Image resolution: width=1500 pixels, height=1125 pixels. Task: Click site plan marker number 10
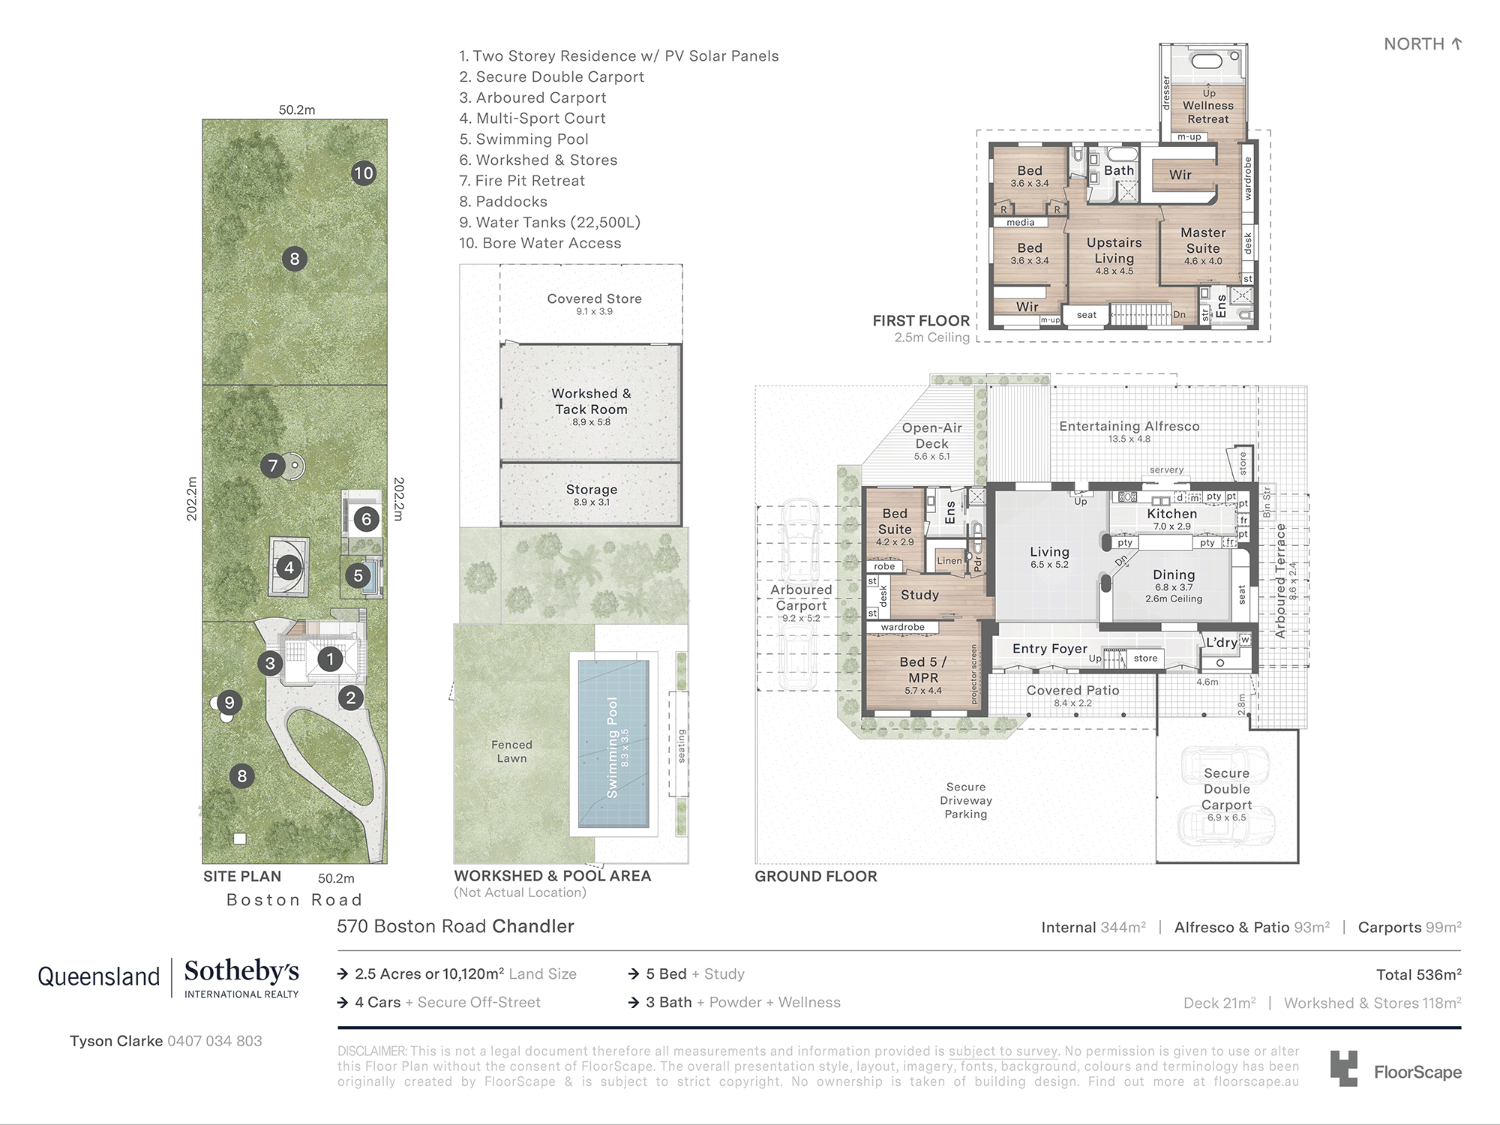point(364,173)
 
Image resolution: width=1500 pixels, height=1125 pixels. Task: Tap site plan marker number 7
point(272,466)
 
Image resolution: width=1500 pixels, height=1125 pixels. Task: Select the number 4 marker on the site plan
point(289,568)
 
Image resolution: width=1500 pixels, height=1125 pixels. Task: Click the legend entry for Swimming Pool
point(524,139)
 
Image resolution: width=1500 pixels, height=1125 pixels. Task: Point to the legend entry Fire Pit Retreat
point(522,181)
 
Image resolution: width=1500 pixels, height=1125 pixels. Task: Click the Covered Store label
point(594,298)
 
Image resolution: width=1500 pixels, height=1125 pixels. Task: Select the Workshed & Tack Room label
point(591,401)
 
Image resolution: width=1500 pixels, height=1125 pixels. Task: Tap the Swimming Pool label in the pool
point(613,748)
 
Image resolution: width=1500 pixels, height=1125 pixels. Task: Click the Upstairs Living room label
point(1114,250)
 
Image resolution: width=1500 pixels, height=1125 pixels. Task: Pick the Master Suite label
point(1203,241)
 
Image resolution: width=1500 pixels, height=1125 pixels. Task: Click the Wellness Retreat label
point(1208,112)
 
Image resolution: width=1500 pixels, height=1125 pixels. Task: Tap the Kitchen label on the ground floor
point(1172,514)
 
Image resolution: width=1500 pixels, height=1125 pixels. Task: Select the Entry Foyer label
point(1049,649)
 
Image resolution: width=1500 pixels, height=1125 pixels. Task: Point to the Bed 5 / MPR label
point(923,670)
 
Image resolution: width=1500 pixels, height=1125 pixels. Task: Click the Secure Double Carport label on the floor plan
point(1227,789)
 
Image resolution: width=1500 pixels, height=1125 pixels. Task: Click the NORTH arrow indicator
point(1456,43)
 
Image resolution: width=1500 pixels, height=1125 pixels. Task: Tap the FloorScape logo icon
point(1343,1068)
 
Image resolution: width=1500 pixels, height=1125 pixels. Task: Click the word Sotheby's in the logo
point(241,971)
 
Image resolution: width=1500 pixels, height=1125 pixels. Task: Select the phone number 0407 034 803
point(214,1041)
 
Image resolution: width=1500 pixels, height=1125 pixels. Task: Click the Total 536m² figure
point(1418,974)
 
